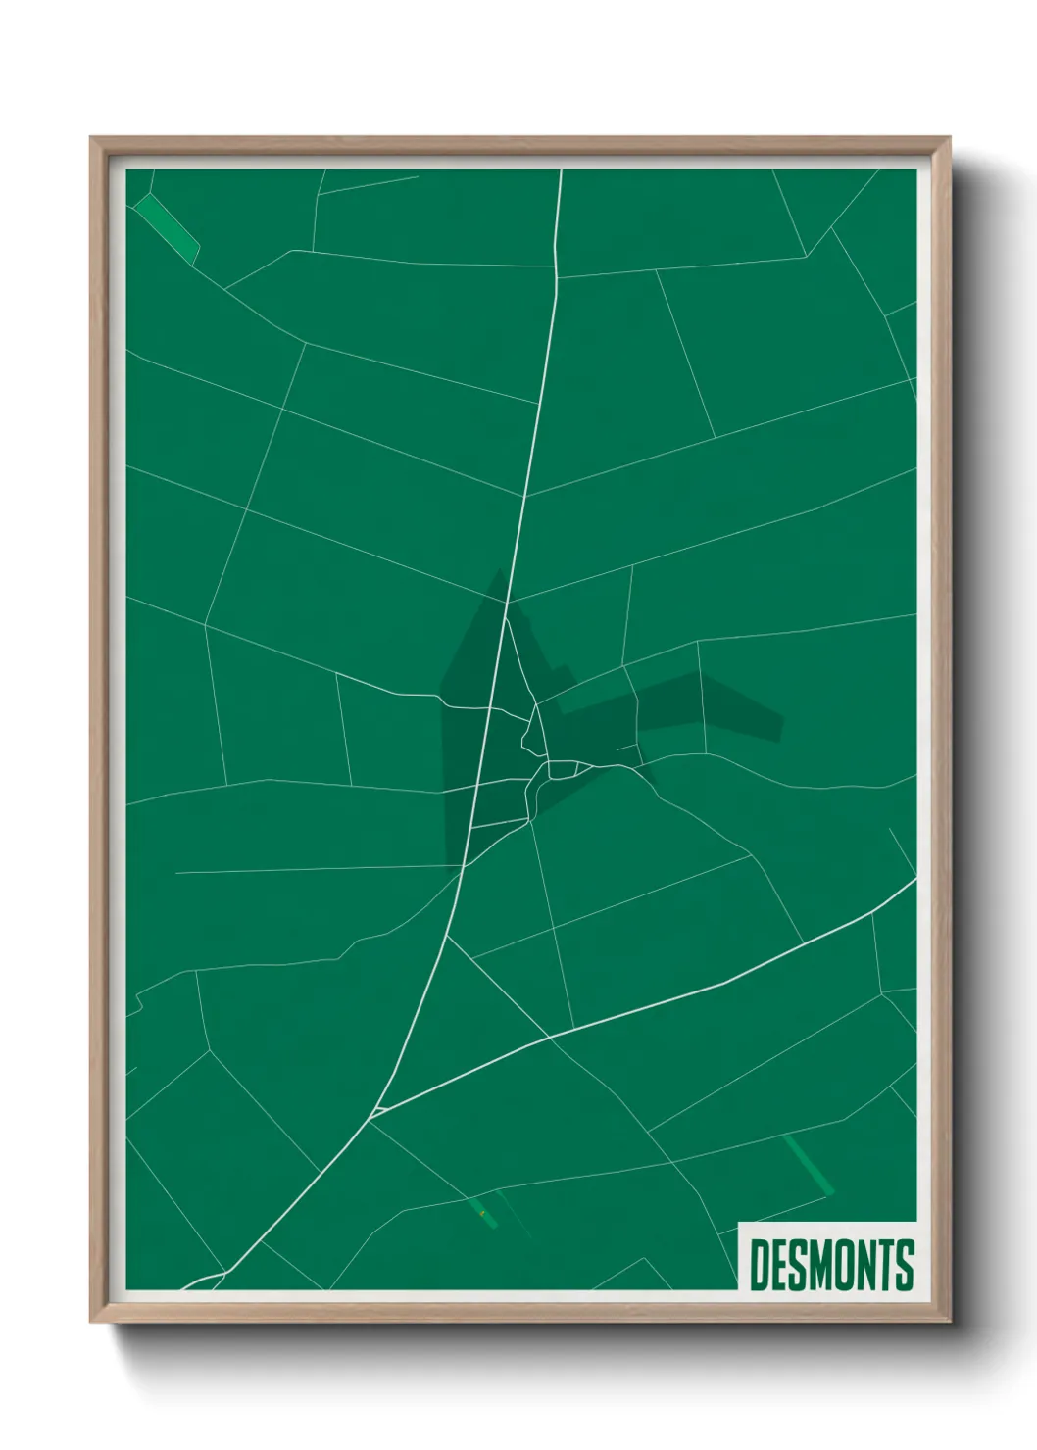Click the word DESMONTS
[831, 1265]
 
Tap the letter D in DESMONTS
[761, 1265]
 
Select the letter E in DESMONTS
[781, 1265]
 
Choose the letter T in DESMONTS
[889, 1265]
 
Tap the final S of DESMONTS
[906, 1265]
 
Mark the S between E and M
[801, 1265]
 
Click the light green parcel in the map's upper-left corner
[167, 228]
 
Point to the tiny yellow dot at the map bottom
[482, 1214]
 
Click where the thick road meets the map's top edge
[561, 170]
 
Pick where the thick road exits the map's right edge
[914, 880]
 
